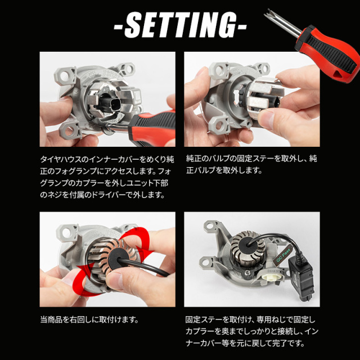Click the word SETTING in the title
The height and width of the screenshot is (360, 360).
[180, 25]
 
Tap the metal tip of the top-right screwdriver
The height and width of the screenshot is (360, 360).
[268, 13]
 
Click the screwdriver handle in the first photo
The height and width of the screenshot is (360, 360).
[153, 128]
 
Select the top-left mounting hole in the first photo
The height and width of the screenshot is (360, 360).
[65, 75]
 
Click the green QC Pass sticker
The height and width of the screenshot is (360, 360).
[283, 255]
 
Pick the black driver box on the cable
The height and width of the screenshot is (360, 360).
[301, 280]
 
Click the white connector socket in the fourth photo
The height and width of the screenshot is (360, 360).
[273, 279]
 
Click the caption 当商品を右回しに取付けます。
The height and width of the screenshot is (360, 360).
[90, 319]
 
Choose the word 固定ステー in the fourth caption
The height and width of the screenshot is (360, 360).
[205, 319]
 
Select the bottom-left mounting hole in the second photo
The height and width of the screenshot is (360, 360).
[220, 125]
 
